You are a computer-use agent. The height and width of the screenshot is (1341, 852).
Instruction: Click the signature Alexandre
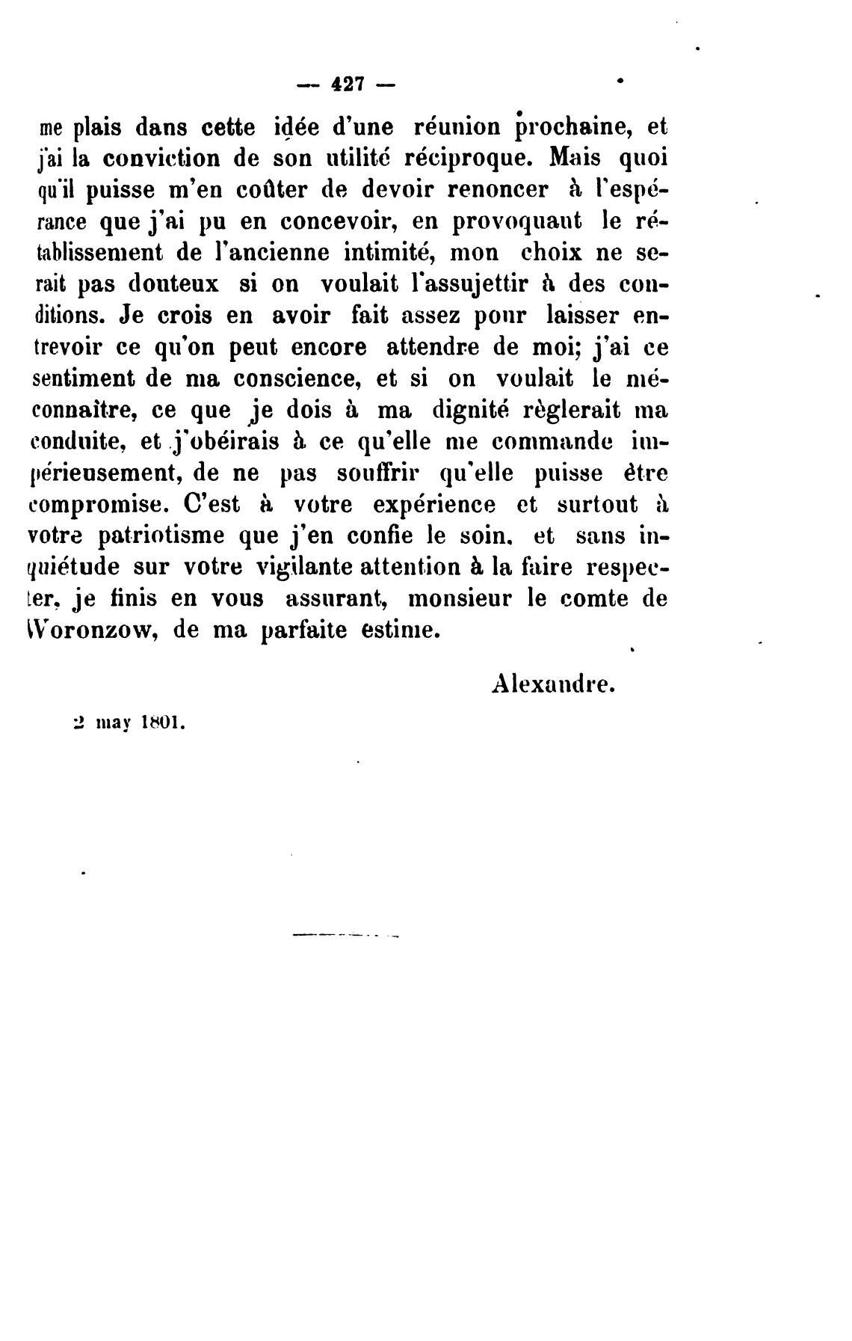coord(553,684)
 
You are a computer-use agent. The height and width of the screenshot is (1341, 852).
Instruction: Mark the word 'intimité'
coord(390,253)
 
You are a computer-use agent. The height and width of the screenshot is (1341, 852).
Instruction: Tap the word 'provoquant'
coord(510,222)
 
